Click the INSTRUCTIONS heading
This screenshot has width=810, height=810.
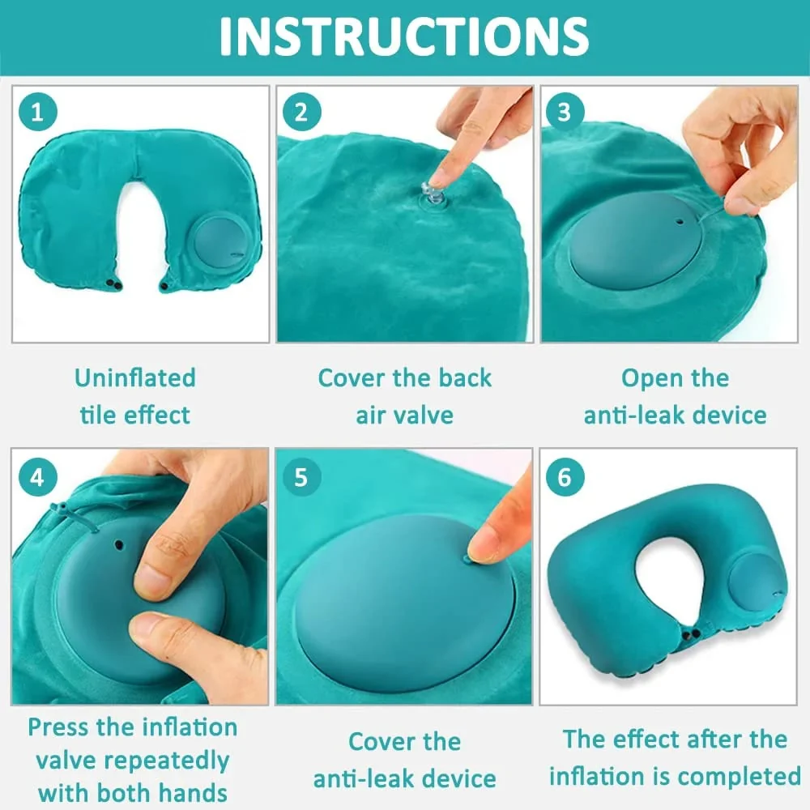(x=404, y=36)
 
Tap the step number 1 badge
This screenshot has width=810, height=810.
(x=37, y=112)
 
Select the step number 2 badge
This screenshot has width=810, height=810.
(x=301, y=112)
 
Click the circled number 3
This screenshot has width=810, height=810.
(x=565, y=112)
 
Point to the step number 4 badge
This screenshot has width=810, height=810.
(x=37, y=477)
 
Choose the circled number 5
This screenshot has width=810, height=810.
(x=301, y=477)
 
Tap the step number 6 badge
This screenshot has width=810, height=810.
(x=565, y=477)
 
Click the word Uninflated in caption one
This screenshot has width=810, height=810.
(x=135, y=377)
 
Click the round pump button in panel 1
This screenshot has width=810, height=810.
(x=220, y=241)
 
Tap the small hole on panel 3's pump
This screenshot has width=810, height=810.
(x=680, y=222)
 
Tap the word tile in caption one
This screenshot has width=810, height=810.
(x=99, y=416)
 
